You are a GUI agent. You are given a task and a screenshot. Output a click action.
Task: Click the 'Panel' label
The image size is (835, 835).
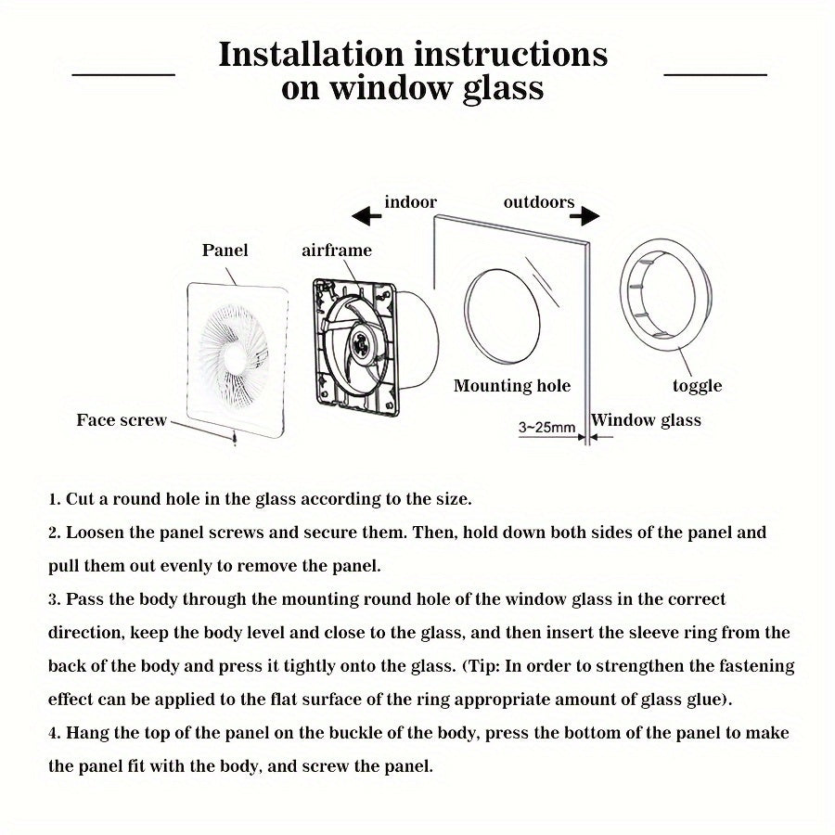(225, 250)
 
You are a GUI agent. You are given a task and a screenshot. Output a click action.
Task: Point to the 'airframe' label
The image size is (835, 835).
(337, 250)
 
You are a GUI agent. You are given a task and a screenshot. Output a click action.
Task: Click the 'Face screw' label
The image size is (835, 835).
(122, 420)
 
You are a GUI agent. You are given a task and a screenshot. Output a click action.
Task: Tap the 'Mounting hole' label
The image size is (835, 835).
(511, 386)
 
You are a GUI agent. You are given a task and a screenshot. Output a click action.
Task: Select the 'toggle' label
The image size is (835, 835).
(697, 386)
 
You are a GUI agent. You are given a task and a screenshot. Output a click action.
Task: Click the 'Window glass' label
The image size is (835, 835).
(647, 420)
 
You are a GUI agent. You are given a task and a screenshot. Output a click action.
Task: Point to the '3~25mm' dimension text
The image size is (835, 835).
(546, 428)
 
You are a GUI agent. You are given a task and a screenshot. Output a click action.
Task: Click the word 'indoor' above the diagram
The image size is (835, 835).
(410, 202)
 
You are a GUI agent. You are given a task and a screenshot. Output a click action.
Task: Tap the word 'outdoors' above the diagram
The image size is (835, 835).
(539, 202)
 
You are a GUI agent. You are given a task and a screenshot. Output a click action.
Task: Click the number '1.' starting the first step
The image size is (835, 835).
(55, 499)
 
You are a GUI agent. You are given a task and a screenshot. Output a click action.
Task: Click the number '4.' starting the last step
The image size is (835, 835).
(55, 733)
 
